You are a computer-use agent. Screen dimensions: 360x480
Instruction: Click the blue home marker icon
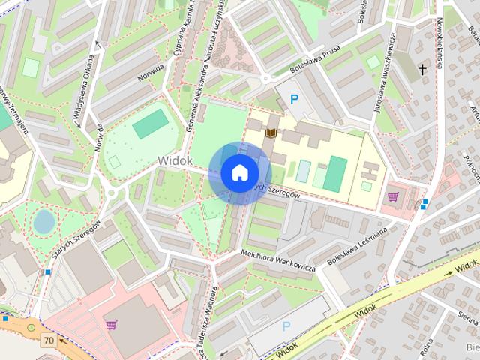239,172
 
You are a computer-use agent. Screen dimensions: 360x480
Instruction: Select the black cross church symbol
422,70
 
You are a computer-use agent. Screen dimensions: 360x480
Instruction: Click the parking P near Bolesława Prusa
295,99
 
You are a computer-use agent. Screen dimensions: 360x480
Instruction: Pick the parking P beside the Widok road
286,326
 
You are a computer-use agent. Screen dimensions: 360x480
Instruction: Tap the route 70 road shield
49,340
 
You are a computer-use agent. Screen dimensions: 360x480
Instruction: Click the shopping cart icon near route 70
112,325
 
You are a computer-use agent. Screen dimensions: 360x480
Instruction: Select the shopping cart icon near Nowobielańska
393,197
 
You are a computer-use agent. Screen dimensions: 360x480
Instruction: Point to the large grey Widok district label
175,160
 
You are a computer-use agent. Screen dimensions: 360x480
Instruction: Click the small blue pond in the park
44,221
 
